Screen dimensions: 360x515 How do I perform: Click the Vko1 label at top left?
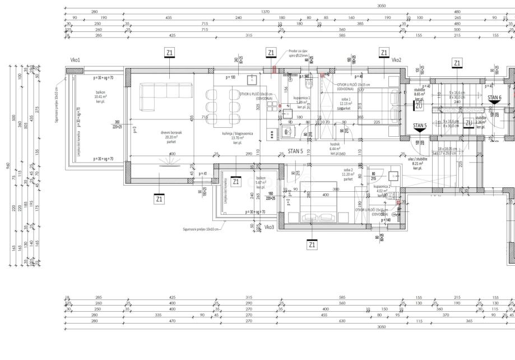click(x=75, y=60)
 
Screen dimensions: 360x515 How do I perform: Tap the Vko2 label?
click(x=397, y=60)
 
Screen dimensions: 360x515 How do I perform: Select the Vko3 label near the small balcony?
click(x=270, y=227)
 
